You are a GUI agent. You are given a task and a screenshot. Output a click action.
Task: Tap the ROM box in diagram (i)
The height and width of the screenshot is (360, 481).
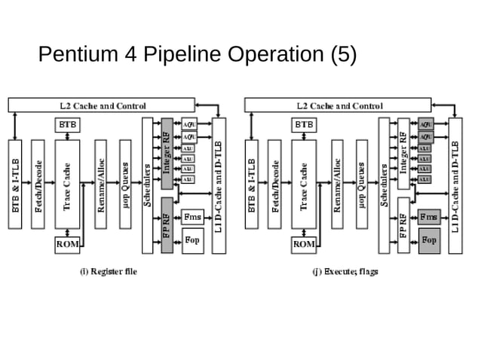point(67,244)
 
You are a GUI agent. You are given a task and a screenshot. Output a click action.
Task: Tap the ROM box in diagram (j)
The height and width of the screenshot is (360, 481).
point(304,244)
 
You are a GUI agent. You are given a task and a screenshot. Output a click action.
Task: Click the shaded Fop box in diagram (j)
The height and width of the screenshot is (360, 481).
point(429,240)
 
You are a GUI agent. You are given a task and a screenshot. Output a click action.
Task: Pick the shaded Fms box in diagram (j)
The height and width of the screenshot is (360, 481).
point(429,216)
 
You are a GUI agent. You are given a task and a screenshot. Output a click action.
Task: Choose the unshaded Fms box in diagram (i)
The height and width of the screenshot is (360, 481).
point(192,216)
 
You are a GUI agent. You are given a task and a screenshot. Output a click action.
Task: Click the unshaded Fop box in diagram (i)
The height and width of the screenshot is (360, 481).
point(192,240)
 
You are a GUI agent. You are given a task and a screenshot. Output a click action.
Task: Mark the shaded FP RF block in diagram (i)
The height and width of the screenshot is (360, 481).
point(167,224)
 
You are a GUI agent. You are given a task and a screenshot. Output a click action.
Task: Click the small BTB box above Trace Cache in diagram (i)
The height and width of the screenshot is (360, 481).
point(67,124)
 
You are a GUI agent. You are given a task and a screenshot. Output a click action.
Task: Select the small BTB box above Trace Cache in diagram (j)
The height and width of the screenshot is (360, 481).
point(304,124)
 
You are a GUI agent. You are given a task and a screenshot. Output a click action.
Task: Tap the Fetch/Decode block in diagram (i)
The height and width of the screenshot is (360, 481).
point(38,185)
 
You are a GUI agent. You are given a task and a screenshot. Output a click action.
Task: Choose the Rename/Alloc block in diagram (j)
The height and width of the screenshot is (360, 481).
point(338,185)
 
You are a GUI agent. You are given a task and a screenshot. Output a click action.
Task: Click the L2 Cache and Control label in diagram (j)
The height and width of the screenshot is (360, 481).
point(339,105)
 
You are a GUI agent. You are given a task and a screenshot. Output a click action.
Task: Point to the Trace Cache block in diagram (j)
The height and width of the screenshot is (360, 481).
point(305,185)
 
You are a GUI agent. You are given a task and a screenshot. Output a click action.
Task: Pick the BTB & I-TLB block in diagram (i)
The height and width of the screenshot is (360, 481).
point(15,185)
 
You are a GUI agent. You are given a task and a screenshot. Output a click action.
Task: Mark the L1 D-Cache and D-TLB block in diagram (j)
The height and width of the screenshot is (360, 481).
point(455,185)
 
